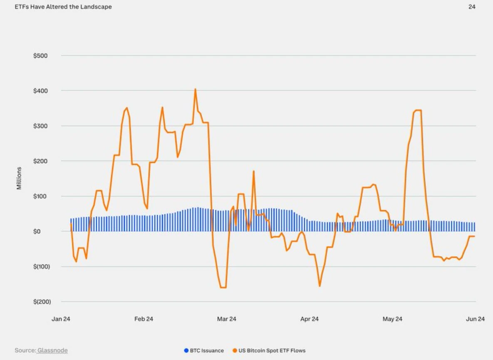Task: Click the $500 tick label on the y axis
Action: click(40, 55)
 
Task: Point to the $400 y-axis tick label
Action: click(40, 91)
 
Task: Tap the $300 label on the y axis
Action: click(40, 126)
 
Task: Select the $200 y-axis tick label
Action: click(40, 161)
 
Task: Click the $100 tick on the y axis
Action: click(40, 196)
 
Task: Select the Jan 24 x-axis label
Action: click(61, 319)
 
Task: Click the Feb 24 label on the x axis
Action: click(144, 319)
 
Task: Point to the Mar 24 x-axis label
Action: click(226, 319)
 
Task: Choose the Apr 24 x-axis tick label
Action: click(309, 319)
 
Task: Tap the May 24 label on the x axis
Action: click(392, 319)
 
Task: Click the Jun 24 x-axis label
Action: click(475, 319)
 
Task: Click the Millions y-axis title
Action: click(19, 179)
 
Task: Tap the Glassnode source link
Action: click(52, 351)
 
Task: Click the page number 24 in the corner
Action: click(472, 7)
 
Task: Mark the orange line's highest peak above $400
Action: click(195, 89)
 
